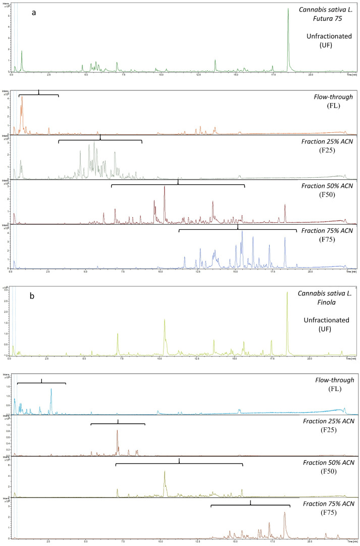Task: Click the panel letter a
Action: coord(34,12)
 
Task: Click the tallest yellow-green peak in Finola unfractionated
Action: coord(287,293)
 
